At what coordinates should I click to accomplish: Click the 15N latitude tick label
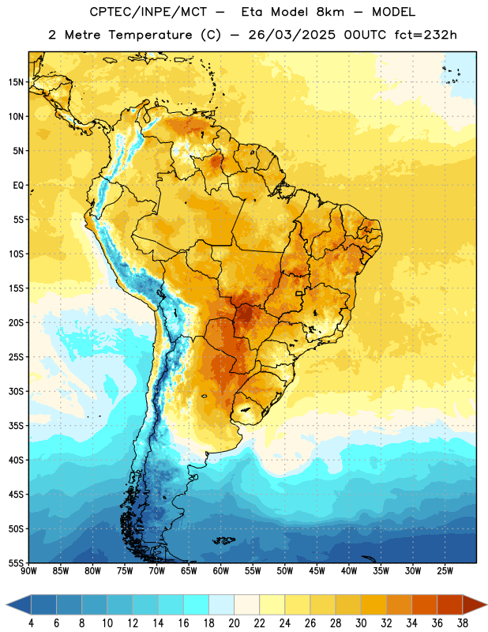click(16, 82)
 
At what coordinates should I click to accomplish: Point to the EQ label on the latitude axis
click(18, 186)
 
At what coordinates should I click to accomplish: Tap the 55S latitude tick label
click(16, 562)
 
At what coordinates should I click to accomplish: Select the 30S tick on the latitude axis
click(16, 391)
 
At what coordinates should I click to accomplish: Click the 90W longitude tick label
click(29, 571)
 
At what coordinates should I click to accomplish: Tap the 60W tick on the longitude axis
click(221, 571)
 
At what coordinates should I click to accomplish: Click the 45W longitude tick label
click(317, 571)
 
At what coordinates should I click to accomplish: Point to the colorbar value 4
click(31, 623)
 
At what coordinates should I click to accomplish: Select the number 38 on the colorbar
click(463, 623)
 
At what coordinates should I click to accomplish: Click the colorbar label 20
click(234, 623)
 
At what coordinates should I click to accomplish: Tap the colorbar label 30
click(361, 623)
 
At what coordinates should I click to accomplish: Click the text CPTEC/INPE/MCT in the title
click(148, 12)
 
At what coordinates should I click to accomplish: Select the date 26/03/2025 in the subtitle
click(291, 35)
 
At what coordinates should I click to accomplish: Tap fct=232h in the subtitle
click(426, 35)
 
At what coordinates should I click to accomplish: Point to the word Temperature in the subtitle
click(150, 35)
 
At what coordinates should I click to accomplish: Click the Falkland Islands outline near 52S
click(224, 540)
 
